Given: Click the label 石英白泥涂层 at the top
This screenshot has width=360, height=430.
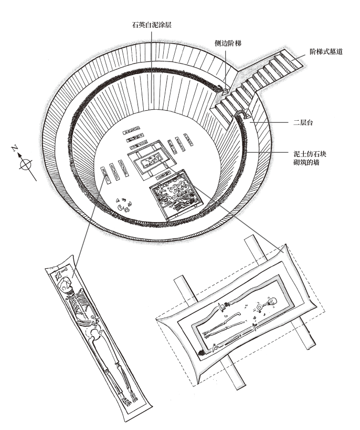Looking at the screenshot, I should [x=152, y=25].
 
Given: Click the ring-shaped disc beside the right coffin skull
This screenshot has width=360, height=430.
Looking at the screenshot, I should [x=259, y=307].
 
